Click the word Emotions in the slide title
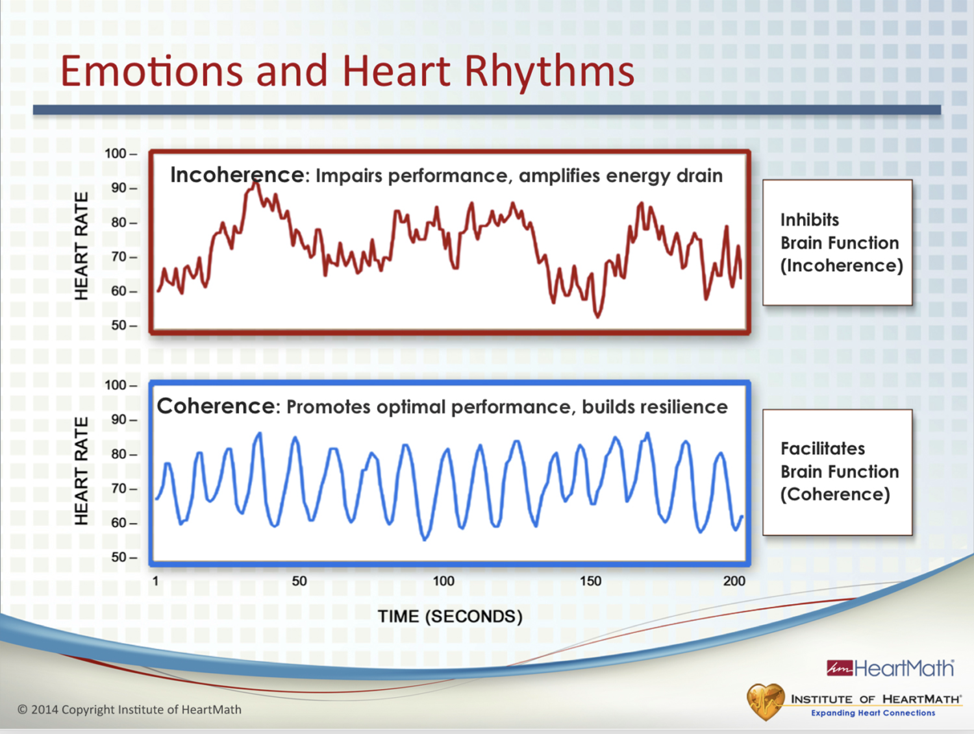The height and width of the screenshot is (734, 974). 151,71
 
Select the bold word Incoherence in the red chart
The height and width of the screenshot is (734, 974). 236,175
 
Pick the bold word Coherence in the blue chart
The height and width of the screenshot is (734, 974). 216,406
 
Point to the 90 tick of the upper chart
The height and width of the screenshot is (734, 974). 120,188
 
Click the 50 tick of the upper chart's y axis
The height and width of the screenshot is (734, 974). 120,325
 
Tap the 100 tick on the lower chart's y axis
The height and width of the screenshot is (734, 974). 117,385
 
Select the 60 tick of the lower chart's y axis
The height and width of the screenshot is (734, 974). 120,522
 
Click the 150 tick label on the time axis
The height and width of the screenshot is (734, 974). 590,581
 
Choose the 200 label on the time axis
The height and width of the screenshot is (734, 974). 734,581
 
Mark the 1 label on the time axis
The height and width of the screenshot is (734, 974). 156,581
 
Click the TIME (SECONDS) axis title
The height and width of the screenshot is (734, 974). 450,617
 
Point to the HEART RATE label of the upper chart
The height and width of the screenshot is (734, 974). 81,246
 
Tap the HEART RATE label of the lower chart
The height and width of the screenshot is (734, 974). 81,471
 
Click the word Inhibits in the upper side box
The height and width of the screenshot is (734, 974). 810,220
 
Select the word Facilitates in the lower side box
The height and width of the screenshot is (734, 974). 823,448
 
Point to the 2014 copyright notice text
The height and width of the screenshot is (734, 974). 129,709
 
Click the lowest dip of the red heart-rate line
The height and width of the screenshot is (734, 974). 597,316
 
